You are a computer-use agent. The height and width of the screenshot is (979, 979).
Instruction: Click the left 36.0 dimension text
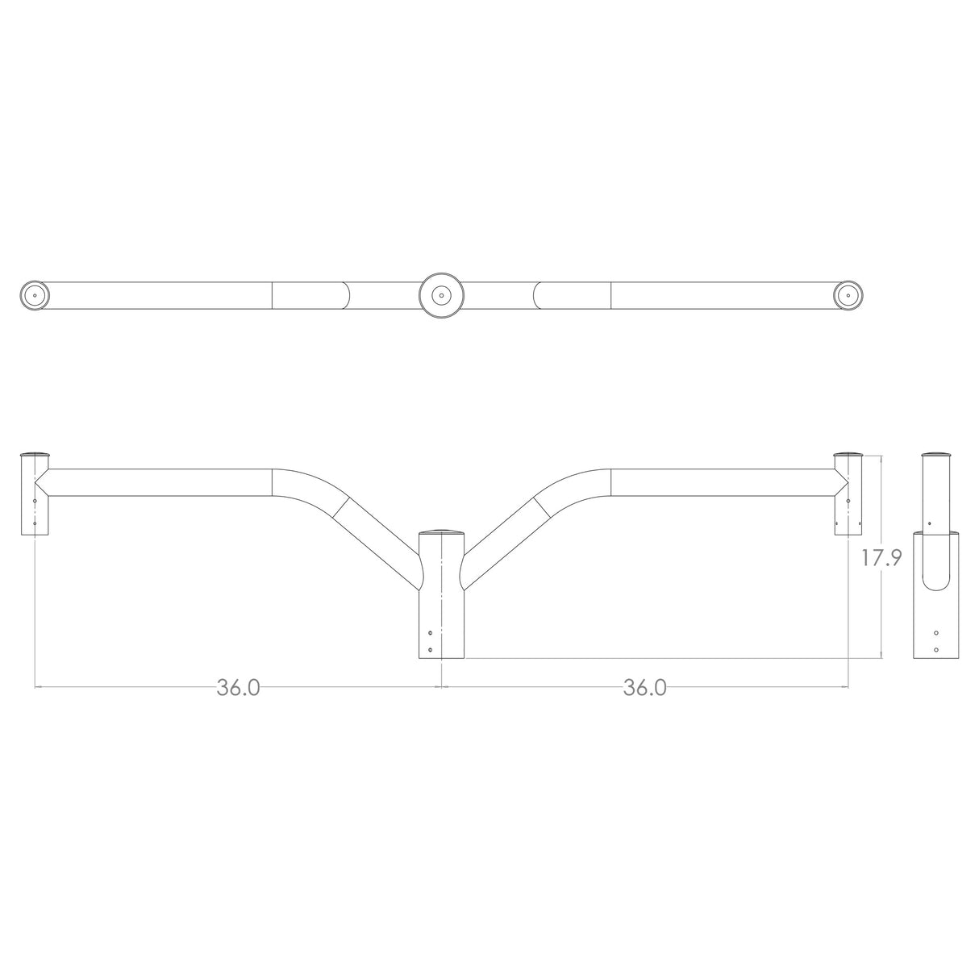point(238,687)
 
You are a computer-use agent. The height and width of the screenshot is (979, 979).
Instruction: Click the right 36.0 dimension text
point(644,687)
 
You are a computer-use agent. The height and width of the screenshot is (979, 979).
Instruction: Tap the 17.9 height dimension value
point(881,559)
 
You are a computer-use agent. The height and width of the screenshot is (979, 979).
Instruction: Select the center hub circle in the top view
point(441,295)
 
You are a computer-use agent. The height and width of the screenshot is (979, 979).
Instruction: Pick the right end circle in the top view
point(848,295)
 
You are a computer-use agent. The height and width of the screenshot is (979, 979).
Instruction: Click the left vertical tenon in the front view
point(34,496)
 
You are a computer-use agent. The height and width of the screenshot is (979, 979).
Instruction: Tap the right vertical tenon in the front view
point(848,496)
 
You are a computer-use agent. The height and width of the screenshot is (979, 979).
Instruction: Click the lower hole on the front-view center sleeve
point(431,648)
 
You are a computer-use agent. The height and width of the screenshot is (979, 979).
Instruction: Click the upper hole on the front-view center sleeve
point(431,633)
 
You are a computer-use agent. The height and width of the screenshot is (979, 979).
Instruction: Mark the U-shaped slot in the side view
point(935,564)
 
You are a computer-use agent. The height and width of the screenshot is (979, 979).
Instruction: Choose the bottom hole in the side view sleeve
point(935,648)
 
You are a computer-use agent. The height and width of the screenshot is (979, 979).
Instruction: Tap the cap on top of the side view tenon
point(935,454)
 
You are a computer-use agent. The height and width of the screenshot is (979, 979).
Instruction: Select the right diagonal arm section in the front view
point(504,536)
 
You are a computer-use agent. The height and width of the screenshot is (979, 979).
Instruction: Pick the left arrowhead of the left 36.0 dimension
point(38,687)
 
